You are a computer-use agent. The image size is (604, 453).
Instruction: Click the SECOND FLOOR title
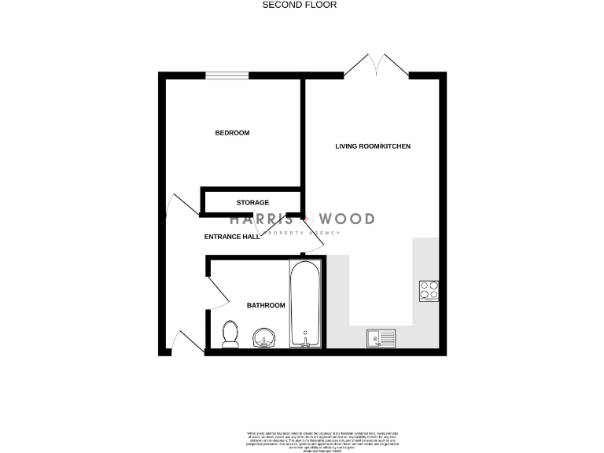pyautogui.click(x=299, y=5)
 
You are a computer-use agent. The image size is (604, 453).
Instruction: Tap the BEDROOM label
pyautogui.click(x=232, y=133)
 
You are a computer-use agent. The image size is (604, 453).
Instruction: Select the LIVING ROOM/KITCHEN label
pyautogui.click(x=373, y=146)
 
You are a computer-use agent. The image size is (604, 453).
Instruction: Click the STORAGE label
pyautogui.click(x=252, y=203)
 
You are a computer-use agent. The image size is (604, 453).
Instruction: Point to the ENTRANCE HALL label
pyautogui.click(x=232, y=237)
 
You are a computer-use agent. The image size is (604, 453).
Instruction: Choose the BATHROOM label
pyautogui.click(x=266, y=305)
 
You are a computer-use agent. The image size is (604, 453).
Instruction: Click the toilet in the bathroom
pyautogui.click(x=231, y=334)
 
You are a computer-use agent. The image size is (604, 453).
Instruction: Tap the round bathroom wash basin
pyautogui.click(x=263, y=338)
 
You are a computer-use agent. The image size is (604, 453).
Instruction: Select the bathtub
pyautogui.click(x=304, y=304)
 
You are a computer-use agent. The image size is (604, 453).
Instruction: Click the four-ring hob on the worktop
pyautogui.click(x=429, y=291)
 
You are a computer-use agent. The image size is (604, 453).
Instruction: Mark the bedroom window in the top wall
pyautogui.click(x=226, y=75)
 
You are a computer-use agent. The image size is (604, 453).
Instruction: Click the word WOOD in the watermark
pyautogui.click(x=346, y=219)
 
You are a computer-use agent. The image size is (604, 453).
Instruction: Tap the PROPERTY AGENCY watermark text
pyautogui.click(x=304, y=233)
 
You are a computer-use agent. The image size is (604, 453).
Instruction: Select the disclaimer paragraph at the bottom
pyautogui.click(x=302, y=439)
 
